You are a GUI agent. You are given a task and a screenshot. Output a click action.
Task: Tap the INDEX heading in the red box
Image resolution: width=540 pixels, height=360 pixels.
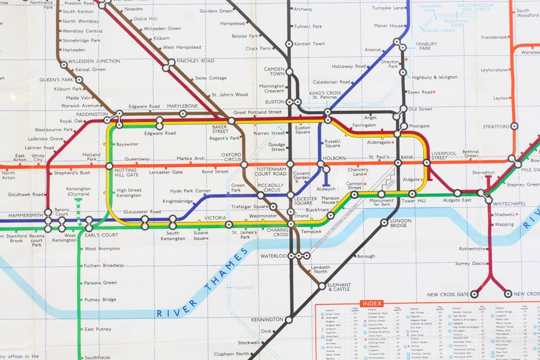372,304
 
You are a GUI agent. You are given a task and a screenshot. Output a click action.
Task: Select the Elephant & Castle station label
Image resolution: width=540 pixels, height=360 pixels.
339,287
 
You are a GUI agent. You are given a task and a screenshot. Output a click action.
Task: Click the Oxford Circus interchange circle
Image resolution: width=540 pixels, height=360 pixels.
244,164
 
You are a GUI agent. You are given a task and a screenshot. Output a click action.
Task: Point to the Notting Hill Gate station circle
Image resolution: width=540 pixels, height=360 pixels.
110,166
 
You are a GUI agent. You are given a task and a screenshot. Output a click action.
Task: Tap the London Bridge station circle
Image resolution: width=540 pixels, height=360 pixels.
384,222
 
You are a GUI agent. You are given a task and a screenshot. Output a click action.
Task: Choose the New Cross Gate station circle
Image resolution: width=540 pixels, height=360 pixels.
474,294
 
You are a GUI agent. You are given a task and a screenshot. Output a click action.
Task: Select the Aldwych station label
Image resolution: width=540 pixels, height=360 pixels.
326,189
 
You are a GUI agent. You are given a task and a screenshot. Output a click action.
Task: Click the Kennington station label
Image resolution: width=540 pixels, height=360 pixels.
266,320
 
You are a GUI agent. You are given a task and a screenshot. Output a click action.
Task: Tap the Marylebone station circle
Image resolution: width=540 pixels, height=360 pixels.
183,113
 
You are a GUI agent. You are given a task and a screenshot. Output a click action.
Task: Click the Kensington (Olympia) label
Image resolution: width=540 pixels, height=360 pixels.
78,192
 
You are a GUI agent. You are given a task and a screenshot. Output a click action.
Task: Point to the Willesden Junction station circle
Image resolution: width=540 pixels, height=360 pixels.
64,65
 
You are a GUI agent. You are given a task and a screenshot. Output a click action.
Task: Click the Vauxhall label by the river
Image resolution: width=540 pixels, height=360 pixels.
244,288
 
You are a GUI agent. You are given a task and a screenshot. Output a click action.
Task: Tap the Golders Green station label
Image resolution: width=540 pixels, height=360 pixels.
215,11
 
